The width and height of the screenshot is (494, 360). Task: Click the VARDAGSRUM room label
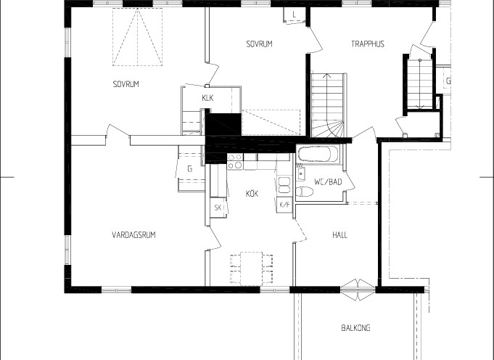(x=133, y=235)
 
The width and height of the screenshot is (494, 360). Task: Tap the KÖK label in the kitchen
(x=252, y=193)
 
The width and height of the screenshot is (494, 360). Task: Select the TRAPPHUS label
(x=368, y=44)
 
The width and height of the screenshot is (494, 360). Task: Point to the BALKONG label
(x=355, y=328)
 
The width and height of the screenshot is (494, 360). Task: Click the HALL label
(x=340, y=235)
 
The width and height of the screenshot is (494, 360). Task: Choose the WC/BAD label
(x=328, y=182)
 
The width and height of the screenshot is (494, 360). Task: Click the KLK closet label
(x=207, y=98)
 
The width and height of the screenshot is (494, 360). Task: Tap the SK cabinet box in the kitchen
(x=218, y=208)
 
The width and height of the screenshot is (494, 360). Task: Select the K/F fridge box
(x=284, y=205)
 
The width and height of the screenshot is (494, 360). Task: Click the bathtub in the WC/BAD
(x=318, y=154)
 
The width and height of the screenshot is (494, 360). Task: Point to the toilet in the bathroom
(x=305, y=192)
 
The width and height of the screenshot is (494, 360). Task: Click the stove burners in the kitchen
(x=235, y=161)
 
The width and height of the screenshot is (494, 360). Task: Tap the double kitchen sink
(x=284, y=185)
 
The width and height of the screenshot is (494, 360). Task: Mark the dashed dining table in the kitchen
(x=251, y=269)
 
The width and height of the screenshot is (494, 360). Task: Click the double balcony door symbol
(x=358, y=290)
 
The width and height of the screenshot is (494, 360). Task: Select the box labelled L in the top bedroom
(x=295, y=15)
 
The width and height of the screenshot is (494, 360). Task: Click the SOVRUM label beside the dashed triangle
(x=126, y=84)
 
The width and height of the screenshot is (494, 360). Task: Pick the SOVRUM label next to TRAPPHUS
(x=259, y=44)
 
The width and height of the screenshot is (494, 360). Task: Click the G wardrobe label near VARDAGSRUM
(x=189, y=169)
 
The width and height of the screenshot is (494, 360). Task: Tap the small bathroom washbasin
(x=301, y=173)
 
